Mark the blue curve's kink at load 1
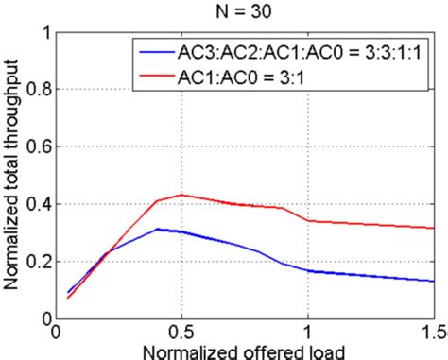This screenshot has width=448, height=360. click(307, 271)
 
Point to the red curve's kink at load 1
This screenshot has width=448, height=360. click(307, 221)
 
